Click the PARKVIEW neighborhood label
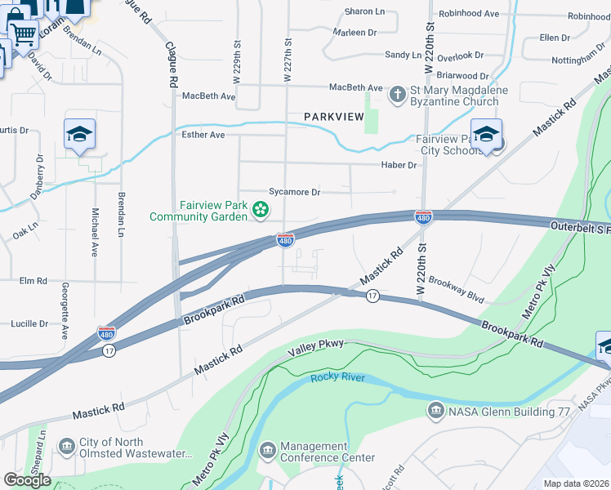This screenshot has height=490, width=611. pyautogui.click(x=333, y=117)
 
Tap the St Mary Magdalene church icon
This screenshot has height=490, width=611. pyautogui.click(x=397, y=95)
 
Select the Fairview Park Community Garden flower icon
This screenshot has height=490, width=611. pyautogui.click(x=261, y=211)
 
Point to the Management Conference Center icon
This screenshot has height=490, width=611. pyautogui.click(x=267, y=451)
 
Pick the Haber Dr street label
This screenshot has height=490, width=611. pyautogui.click(x=399, y=165)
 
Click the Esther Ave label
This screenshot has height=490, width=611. pyautogui.click(x=203, y=135)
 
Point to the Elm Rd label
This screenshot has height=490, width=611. pyautogui.click(x=33, y=281)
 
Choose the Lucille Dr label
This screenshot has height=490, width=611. pyautogui.click(x=29, y=323)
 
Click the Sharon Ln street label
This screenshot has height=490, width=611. pyautogui.click(x=364, y=11)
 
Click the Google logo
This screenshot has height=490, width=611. pyautogui.click(x=28, y=479)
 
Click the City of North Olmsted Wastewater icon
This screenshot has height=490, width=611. pyautogui.click(x=66, y=447)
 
